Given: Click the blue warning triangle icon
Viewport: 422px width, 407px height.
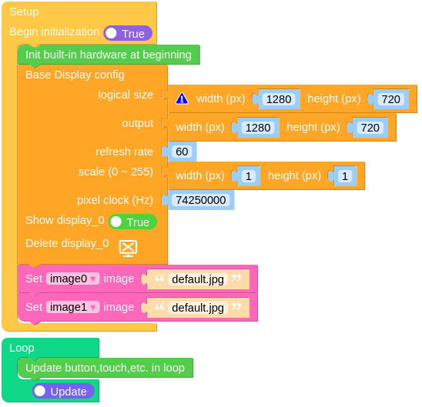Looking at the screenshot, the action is pos(182,98).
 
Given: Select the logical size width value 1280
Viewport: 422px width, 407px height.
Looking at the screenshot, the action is pos(279,99).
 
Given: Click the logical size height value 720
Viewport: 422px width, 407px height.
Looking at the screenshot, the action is pos(390,99).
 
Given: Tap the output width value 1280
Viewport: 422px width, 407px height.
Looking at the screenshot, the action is pos(258,128).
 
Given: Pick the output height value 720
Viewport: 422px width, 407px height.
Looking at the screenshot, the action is pos(370,128).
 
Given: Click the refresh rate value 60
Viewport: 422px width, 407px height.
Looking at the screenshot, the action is pos(182,152).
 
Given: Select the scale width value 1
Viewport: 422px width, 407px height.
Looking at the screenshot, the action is pos(249,176).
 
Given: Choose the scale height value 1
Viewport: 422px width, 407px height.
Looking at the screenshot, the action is pos(345,176).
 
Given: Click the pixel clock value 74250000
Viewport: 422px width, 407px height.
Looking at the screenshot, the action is pos(201,200).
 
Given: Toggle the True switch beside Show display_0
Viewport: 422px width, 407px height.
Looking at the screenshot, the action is pos(132,222).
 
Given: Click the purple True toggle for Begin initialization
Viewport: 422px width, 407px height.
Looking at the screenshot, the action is pos(128,33).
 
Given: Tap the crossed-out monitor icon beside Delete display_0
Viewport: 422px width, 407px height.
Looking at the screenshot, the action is pos(128,248).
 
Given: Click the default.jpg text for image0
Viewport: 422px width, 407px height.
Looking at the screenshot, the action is pos(198,279).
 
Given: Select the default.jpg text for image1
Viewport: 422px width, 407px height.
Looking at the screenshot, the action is pos(198,308).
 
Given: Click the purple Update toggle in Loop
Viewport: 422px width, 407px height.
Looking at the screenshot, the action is pos(63,391).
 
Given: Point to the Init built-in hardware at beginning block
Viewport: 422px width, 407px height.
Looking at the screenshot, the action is pos(109,55).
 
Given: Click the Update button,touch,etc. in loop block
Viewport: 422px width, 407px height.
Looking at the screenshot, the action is pos(105,368).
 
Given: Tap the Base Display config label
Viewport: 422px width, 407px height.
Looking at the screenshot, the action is pos(75,75).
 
